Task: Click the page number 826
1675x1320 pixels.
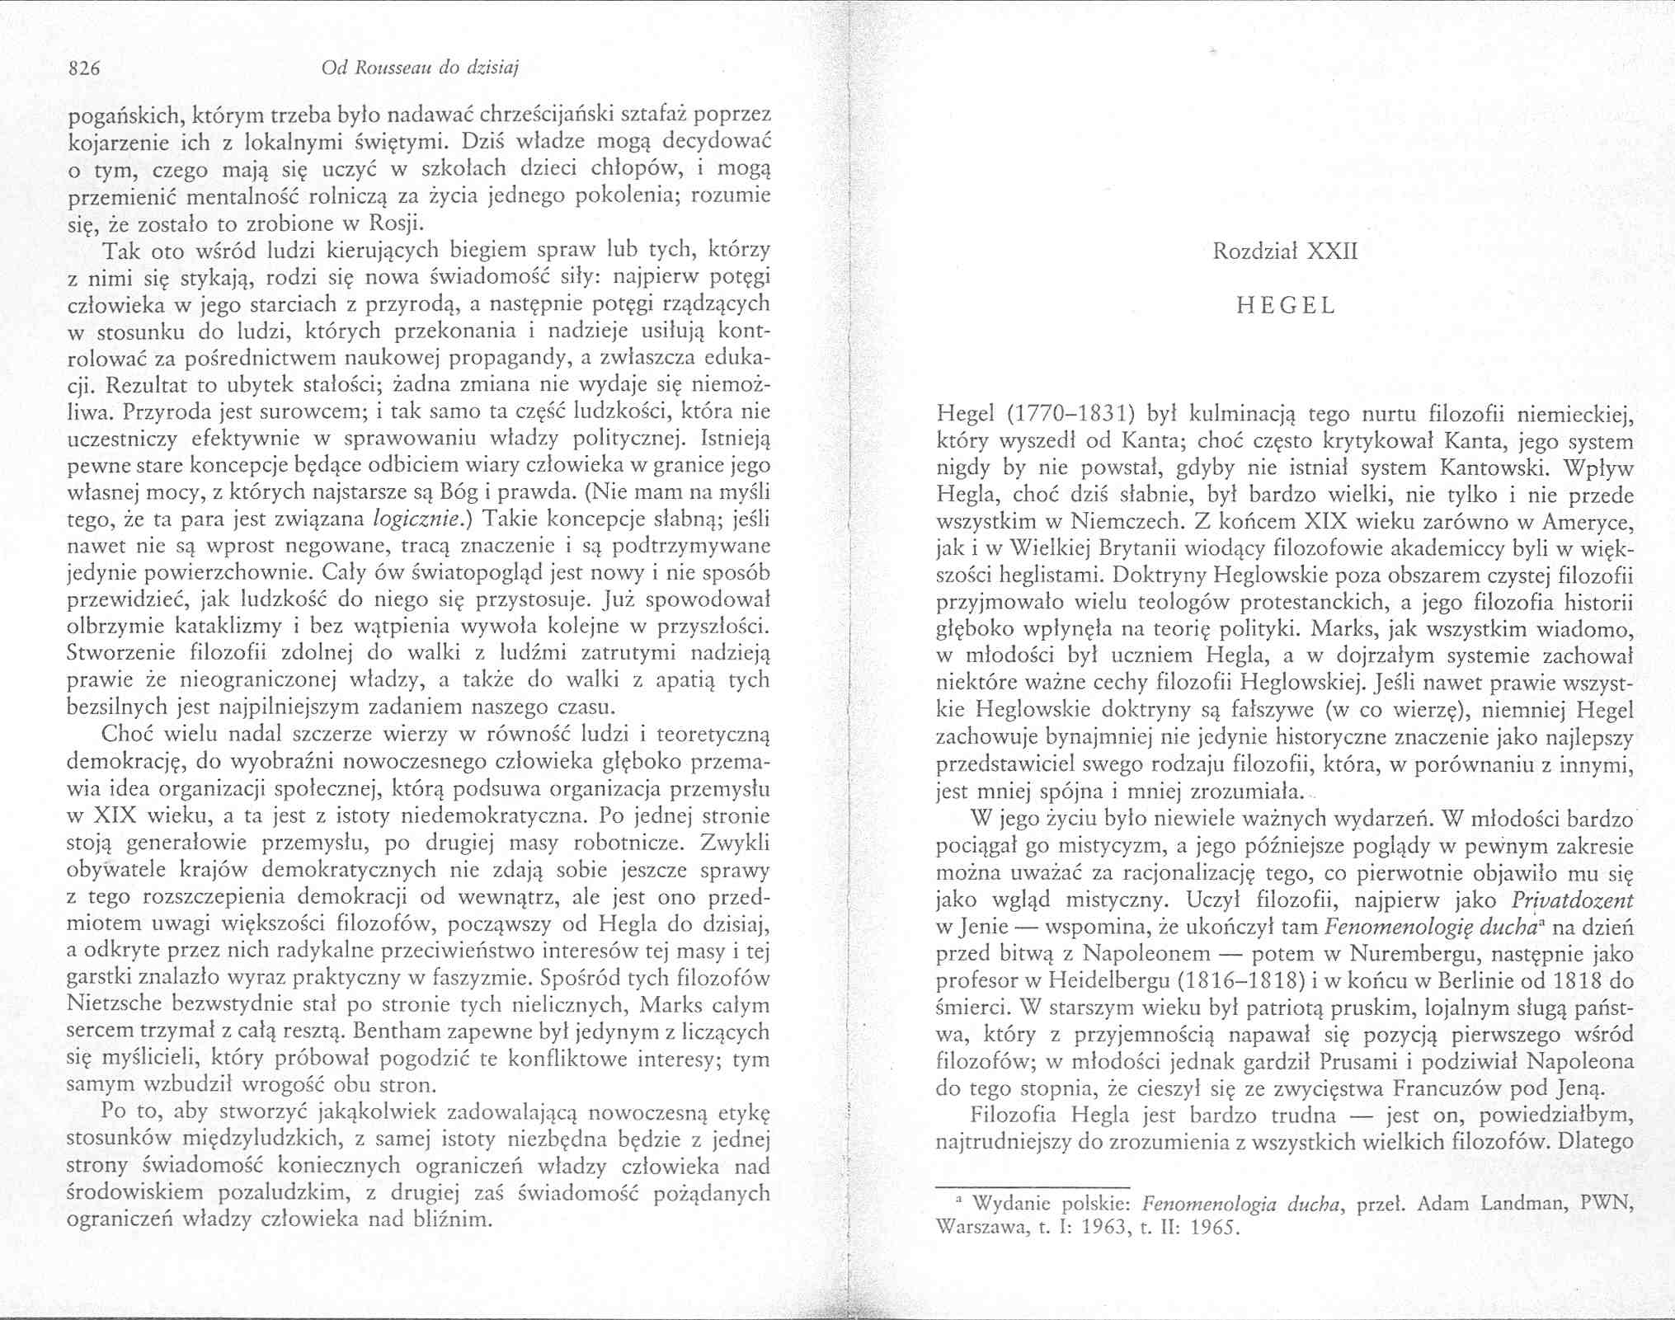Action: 83,69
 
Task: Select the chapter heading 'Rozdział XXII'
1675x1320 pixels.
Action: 1284,251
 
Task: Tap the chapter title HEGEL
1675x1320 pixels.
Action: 1285,306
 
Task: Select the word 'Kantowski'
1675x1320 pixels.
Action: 1489,468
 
